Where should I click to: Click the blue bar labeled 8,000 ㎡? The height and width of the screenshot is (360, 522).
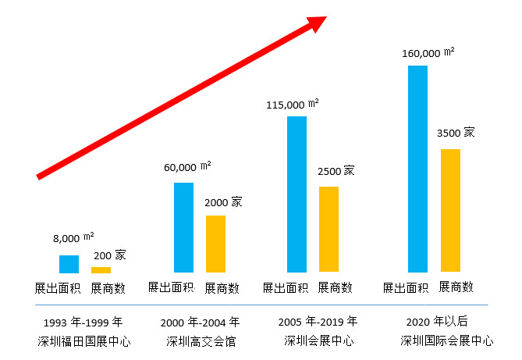tap(69, 264)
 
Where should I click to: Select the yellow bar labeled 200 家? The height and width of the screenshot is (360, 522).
tap(101, 269)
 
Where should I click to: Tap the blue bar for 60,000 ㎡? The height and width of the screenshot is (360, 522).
tap(183, 227)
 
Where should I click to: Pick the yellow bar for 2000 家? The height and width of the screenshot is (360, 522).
tap(215, 244)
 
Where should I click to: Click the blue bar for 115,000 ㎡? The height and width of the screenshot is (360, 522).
tap(297, 194)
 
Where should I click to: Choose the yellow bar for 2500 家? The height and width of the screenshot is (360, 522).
tap(328, 229)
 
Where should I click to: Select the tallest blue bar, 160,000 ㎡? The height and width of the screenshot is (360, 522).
tap(417, 169)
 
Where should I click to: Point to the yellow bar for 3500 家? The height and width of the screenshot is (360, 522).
tap(450, 210)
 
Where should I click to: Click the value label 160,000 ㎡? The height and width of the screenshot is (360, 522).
tap(429, 52)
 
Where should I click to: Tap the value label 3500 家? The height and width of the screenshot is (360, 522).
tap(456, 133)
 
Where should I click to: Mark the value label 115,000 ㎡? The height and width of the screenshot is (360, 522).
tap(292, 104)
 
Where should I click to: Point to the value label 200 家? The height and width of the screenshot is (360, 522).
tap(109, 255)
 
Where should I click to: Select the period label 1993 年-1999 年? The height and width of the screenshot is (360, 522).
tap(84, 322)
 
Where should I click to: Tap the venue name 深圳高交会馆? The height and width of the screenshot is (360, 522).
tap(201, 340)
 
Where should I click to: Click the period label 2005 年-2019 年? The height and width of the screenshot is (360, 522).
tap(318, 321)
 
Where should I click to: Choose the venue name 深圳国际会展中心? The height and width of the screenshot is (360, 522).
tap(447, 340)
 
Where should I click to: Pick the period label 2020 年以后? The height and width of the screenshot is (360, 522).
tap(435, 322)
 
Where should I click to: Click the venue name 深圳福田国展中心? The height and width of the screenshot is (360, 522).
tap(84, 340)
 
